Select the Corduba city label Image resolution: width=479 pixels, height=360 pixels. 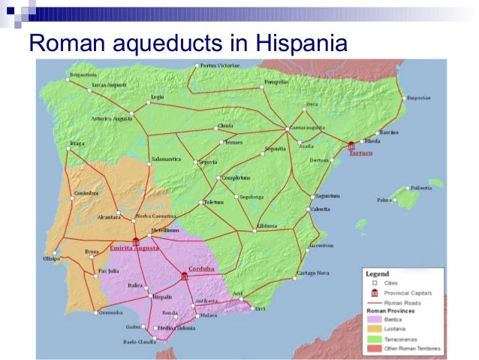[x=200, y=268]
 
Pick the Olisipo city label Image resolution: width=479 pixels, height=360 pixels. [x=52, y=259]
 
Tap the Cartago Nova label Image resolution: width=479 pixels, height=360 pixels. [x=312, y=273]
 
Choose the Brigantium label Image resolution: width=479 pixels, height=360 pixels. [x=83, y=74]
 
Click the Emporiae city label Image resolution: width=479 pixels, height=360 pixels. [x=418, y=98]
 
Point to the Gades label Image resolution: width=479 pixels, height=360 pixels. [x=134, y=327]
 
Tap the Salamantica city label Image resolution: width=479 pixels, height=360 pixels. [x=164, y=160]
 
